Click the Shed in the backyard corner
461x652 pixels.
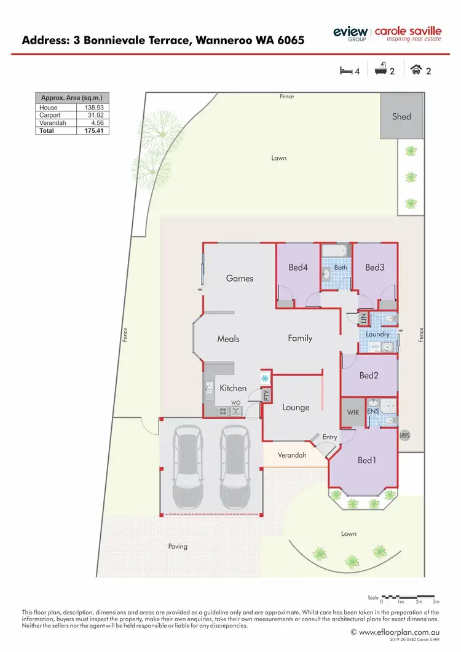pos(401,116)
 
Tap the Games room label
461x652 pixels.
pos(240,278)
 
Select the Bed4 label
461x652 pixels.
pos(297,267)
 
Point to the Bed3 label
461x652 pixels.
pos(374,267)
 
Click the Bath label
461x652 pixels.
pos(341,268)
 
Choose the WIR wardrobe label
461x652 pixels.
pos(353,413)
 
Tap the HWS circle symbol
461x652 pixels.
pos(404,435)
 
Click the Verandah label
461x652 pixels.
pos(293,455)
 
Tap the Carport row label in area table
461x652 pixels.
pos(50,115)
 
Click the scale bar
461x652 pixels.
pos(409,596)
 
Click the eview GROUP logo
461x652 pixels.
pos(350,34)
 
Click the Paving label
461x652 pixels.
pos(178,546)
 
